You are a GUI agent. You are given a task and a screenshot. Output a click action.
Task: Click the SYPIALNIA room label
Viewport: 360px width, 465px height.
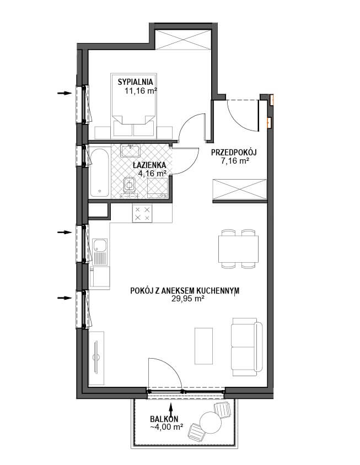click(x=135, y=82)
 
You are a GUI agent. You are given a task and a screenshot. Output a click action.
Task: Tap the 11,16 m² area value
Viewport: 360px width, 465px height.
click(x=141, y=91)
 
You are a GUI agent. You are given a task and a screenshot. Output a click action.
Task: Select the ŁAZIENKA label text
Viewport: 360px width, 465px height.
click(x=149, y=165)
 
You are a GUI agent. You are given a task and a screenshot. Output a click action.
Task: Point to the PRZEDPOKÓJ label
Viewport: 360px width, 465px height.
click(x=234, y=153)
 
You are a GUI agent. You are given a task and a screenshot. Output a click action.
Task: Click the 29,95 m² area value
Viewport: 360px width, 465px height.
click(x=187, y=299)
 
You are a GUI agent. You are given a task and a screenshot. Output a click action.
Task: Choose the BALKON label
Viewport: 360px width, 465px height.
click(x=164, y=419)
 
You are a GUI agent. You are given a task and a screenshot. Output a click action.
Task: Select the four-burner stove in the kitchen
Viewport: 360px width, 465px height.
click(x=142, y=213)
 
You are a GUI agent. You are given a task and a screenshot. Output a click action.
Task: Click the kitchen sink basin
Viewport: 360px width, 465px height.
click(x=99, y=246)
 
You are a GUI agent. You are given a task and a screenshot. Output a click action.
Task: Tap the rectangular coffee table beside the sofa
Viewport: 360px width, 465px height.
click(x=203, y=346)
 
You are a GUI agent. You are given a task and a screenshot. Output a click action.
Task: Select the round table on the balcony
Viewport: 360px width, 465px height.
click(x=211, y=423)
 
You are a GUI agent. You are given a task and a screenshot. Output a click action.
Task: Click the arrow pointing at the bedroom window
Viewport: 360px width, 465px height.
click(x=65, y=93)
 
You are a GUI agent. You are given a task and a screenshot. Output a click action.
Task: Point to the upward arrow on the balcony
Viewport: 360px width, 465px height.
click(x=171, y=410)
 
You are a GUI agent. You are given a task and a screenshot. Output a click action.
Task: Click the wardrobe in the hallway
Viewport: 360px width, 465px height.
click(x=240, y=190)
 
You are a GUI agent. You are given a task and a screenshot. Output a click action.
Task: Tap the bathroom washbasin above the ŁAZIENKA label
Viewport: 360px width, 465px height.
click(x=131, y=151)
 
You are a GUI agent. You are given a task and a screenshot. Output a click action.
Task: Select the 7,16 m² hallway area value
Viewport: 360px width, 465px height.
click(x=234, y=161)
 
